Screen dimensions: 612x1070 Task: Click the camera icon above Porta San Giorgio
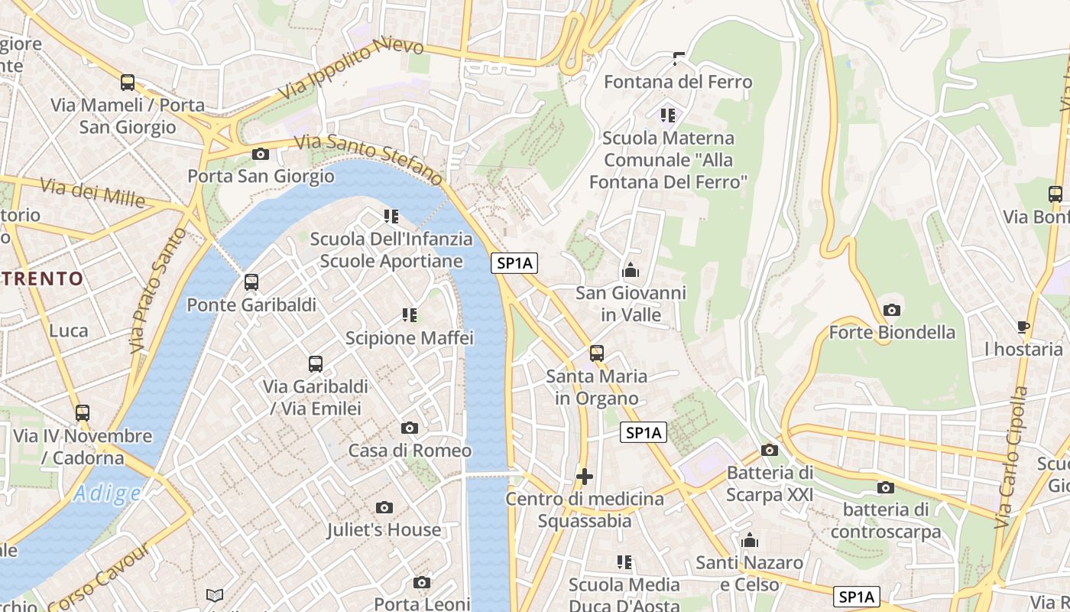(x=261, y=154)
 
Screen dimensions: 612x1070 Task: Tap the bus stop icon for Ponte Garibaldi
(x=251, y=282)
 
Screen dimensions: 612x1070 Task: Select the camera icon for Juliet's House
(x=384, y=507)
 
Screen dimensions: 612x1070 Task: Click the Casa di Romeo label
(x=410, y=451)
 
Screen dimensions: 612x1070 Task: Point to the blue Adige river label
(x=107, y=493)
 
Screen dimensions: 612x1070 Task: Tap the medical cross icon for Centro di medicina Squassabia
(x=585, y=477)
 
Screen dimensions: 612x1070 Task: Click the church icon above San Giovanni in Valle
(x=631, y=270)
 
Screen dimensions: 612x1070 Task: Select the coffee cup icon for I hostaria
(x=1023, y=327)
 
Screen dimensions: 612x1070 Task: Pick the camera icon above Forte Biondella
(x=892, y=310)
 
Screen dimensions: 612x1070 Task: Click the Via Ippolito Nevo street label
(x=350, y=70)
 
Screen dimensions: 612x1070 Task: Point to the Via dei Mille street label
(x=92, y=193)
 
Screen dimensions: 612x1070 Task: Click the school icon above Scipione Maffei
(x=409, y=314)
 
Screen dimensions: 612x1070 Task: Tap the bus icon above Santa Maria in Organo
(x=597, y=353)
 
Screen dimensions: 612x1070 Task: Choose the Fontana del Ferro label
(x=678, y=82)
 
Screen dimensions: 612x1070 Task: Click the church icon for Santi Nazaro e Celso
(x=750, y=541)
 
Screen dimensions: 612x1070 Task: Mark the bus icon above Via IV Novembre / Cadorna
(x=83, y=413)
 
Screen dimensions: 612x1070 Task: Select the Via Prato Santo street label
(x=158, y=290)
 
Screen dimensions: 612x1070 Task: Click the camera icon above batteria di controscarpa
(x=886, y=487)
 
